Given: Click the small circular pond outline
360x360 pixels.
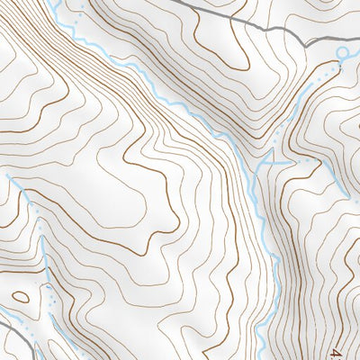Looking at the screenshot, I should pyautogui.click(x=343, y=53).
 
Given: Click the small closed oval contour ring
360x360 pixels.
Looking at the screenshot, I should pyautogui.click(x=20, y=295).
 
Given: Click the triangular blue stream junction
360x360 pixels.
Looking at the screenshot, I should pyautogui.click(x=268, y=161).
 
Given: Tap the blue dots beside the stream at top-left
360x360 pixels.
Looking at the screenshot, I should pyautogui.click(x=82, y=11).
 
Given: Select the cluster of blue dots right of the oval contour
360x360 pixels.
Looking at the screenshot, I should pyautogui.click(x=45, y=288).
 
